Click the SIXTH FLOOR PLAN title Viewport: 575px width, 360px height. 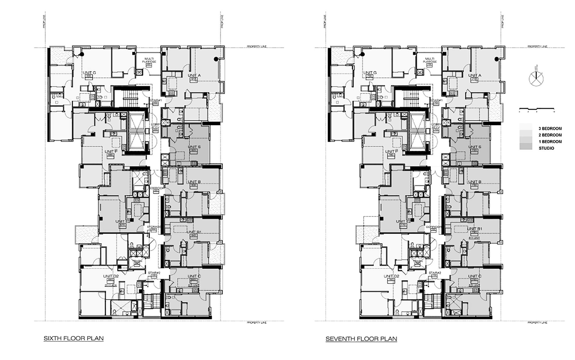click(x=74, y=338)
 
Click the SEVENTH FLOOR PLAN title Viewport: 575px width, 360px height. click(x=361, y=339)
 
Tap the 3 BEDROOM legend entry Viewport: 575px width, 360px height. click(x=550, y=128)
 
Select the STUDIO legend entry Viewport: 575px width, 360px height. click(x=546, y=148)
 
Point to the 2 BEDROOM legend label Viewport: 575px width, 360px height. click(x=550, y=135)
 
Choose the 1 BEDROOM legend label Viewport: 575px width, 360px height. click(x=550, y=142)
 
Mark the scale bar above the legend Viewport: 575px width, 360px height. click(x=536, y=109)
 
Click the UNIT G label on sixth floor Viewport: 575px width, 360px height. click(x=89, y=73)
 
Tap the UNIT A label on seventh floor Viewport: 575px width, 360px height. click(x=475, y=76)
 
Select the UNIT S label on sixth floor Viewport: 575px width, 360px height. click(x=194, y=147)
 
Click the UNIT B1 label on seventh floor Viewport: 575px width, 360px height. click(x=475, y=229)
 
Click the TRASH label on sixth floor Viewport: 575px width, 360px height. click(x=138, y=261)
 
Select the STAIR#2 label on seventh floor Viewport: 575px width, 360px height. click(x=435, y=273)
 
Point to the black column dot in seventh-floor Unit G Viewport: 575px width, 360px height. click(x=363, y=54)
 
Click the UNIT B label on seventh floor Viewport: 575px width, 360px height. click(x=475, y=182)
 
